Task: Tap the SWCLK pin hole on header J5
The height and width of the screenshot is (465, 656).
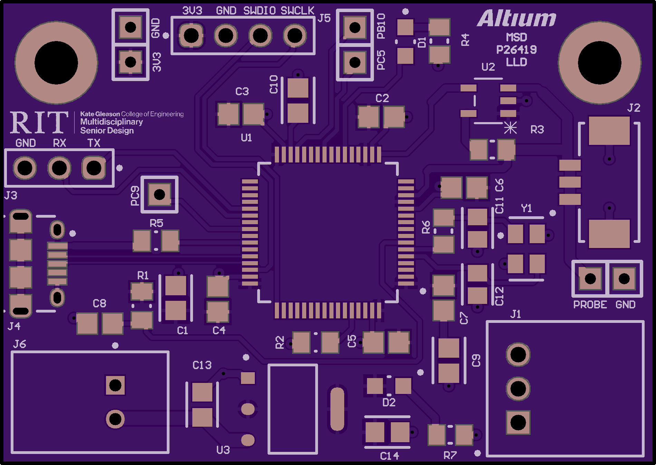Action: pyautogui.click(x=295, y=35)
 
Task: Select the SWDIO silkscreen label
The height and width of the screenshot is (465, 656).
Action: pyautogui.click(x=260, y=11)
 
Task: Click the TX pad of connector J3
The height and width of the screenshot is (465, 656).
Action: pyautogui.click(x=94, y=168)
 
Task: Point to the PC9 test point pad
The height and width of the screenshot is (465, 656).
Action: pyautogui.click(x=160, y=195)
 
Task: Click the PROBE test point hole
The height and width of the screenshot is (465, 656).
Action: pyautogui.click(x=590, y=278)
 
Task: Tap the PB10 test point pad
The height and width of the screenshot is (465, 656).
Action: pyautogui.click(x=355, y=28)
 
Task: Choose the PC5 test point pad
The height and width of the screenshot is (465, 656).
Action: pyautogui.click(x=355, y=62)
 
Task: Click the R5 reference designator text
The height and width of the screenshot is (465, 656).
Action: pyautogui.click(x=156, y=223)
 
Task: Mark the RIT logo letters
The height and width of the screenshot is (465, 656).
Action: pyautogui.click(x=39, y=122)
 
